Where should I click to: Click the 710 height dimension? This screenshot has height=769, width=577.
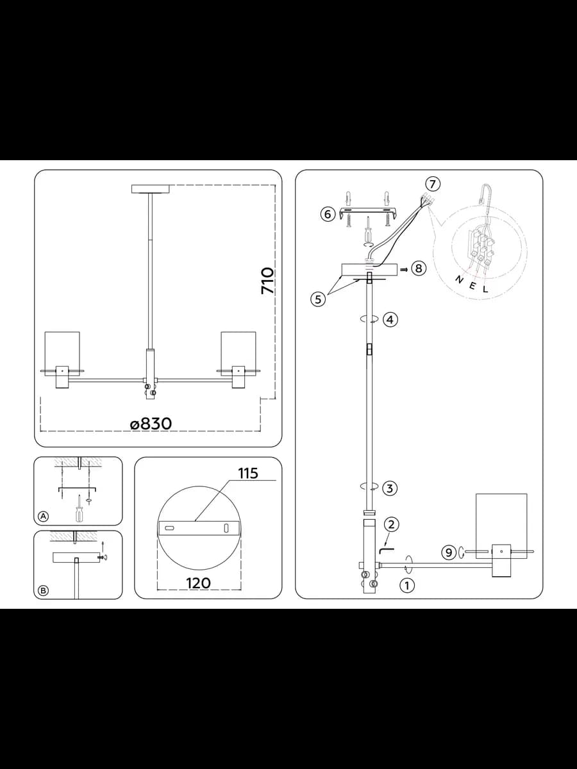coord(267,281)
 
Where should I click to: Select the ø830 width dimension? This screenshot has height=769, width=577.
coord(151,424)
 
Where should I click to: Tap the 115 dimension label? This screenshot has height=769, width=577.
coord(248,474)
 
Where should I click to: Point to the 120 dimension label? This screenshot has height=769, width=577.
coord(198,583)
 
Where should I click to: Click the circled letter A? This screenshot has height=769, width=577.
coord(44,516)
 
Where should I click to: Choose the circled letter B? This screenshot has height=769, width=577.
coord(44,591)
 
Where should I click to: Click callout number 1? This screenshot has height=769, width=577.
coord(407,585)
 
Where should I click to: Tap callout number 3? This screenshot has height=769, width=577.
coord(390,488)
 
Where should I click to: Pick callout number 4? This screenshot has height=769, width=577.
coord(390,320)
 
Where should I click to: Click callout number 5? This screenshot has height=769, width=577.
coord(318,299)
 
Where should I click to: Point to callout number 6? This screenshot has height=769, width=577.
coord(328,213)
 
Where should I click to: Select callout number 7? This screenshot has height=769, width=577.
coord(433,184)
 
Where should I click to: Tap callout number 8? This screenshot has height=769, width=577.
coord(419,269)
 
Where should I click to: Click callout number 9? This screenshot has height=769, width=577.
coord(448,553)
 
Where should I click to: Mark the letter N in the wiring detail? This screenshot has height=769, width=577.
coord(459,279)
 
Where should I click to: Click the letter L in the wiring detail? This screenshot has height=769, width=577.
coord(485,290)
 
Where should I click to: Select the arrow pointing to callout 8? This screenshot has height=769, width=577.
coord(405,269)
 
